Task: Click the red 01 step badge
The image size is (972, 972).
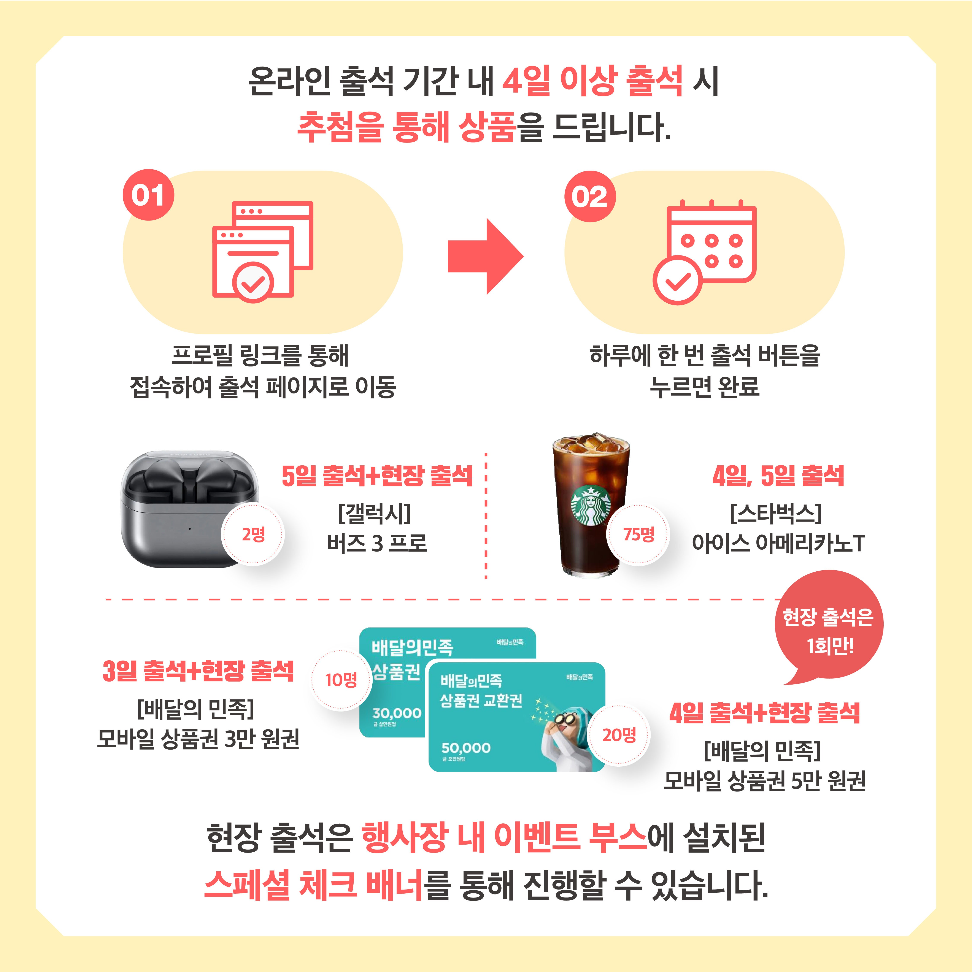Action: click(148, 195)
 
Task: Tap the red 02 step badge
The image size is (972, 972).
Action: click(590, 196)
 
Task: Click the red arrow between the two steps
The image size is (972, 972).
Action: click(486, 257)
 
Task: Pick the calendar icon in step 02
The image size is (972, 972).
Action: click(704, 252)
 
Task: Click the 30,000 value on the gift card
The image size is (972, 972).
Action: click(396, 713)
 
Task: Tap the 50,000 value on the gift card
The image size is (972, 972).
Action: click(466, 748)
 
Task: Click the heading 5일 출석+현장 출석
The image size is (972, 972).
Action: click(377, 476)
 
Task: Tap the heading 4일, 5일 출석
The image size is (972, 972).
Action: click(778, 476)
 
